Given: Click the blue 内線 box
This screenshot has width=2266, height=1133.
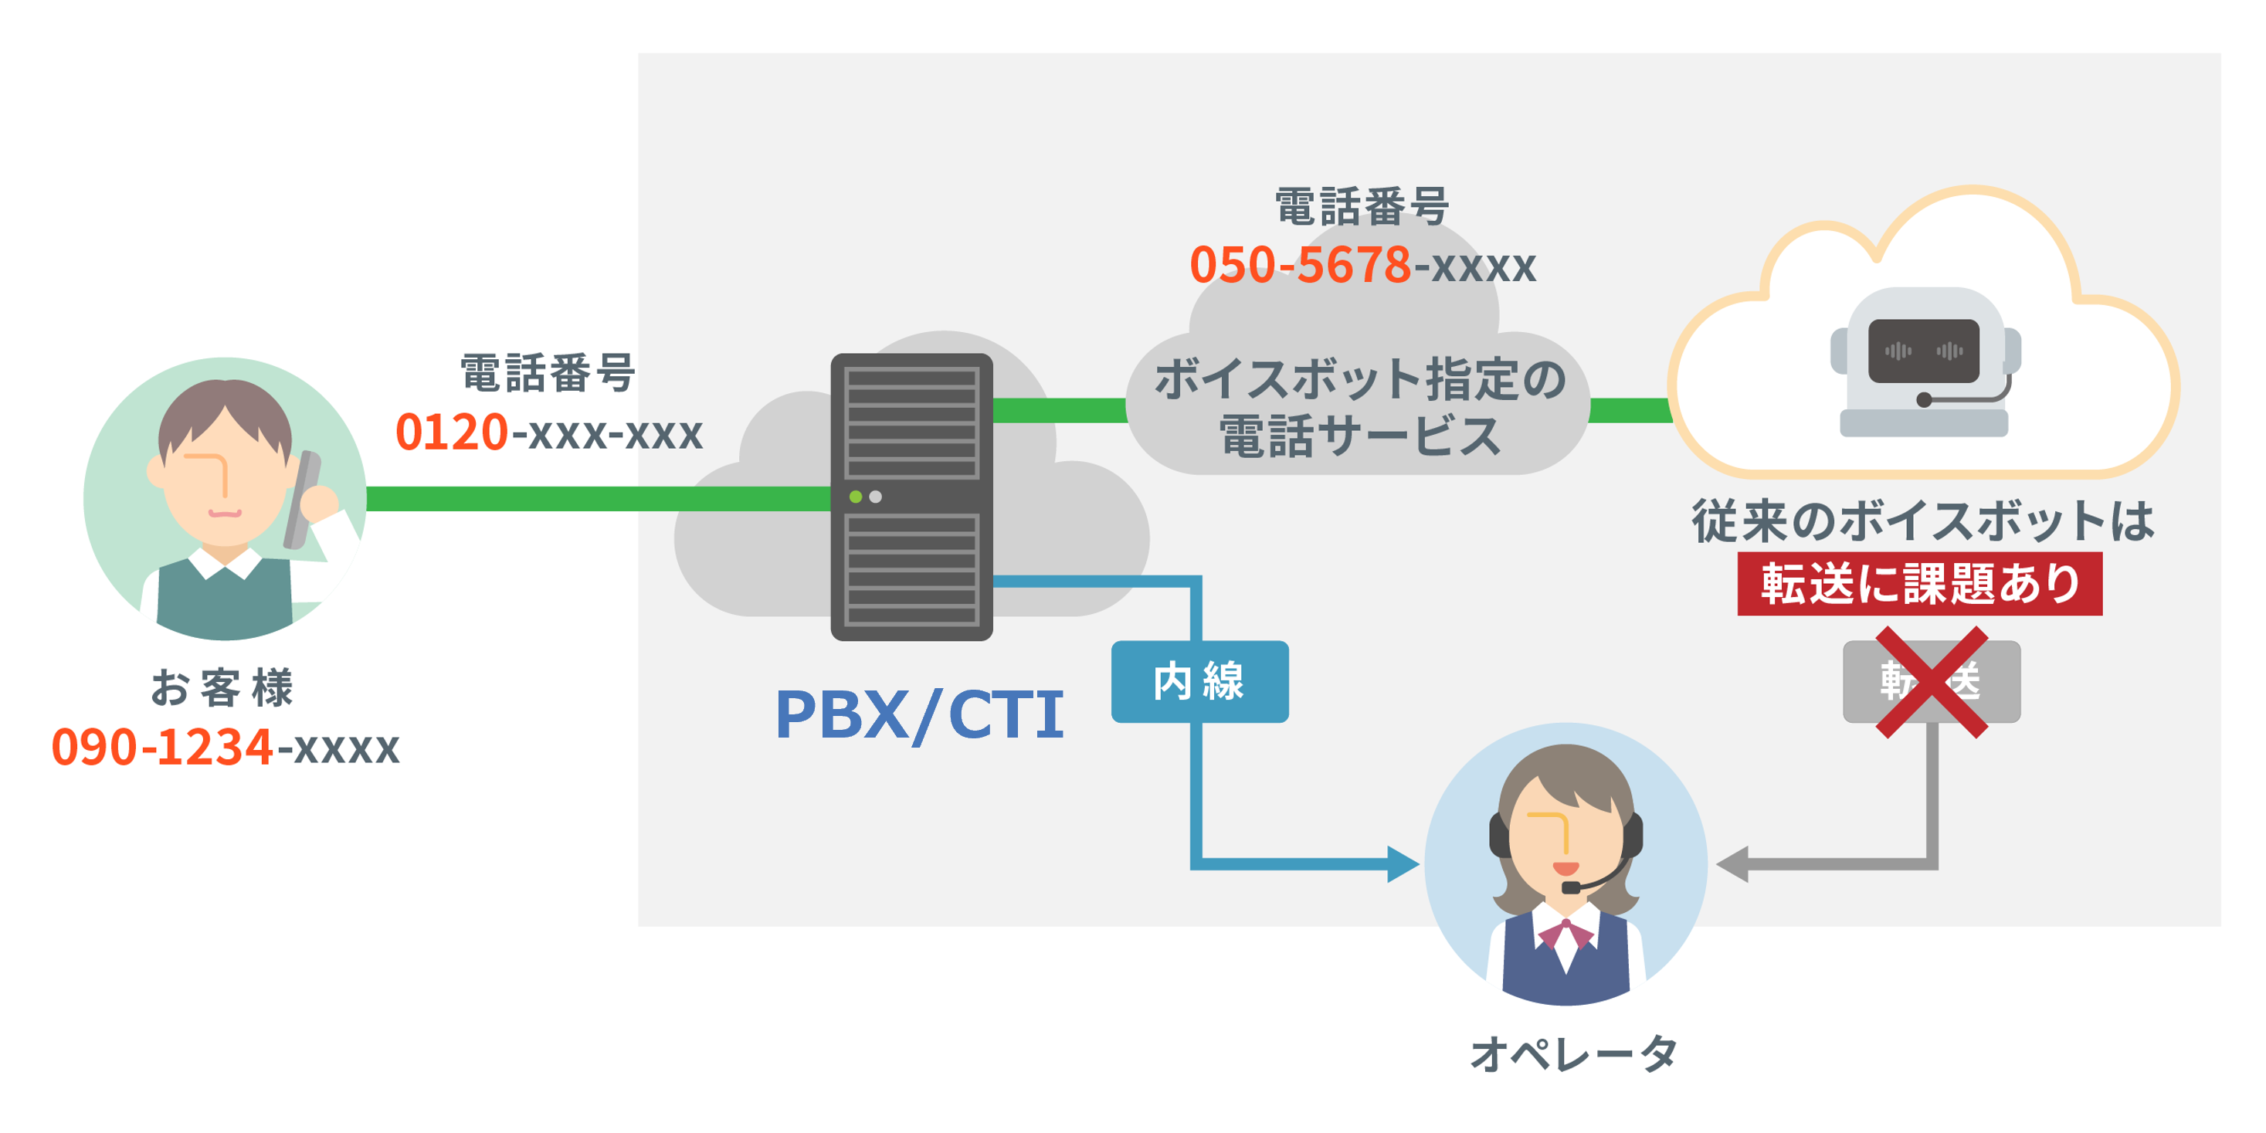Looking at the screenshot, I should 1199,682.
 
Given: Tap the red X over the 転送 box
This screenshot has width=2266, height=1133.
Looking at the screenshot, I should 1931,682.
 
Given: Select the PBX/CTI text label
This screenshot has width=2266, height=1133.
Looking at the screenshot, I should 919,714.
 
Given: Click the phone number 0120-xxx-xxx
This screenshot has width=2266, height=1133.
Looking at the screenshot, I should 549,433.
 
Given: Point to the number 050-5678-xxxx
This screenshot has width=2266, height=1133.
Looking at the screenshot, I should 1362,265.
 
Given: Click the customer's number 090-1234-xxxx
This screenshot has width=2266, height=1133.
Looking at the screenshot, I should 226,747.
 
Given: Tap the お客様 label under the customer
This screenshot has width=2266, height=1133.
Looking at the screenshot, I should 222,688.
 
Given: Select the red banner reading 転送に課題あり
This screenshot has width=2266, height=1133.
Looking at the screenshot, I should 1918,584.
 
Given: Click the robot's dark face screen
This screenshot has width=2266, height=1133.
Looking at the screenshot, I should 1923,351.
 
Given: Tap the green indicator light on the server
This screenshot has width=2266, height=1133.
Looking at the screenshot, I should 855,497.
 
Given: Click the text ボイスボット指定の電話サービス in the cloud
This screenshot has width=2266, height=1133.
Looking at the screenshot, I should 1360,408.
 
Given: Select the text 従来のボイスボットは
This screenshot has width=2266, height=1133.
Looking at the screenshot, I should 1923,521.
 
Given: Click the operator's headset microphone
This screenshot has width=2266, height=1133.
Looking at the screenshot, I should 1570,887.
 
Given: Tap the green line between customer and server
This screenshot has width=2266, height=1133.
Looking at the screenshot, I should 599,499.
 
